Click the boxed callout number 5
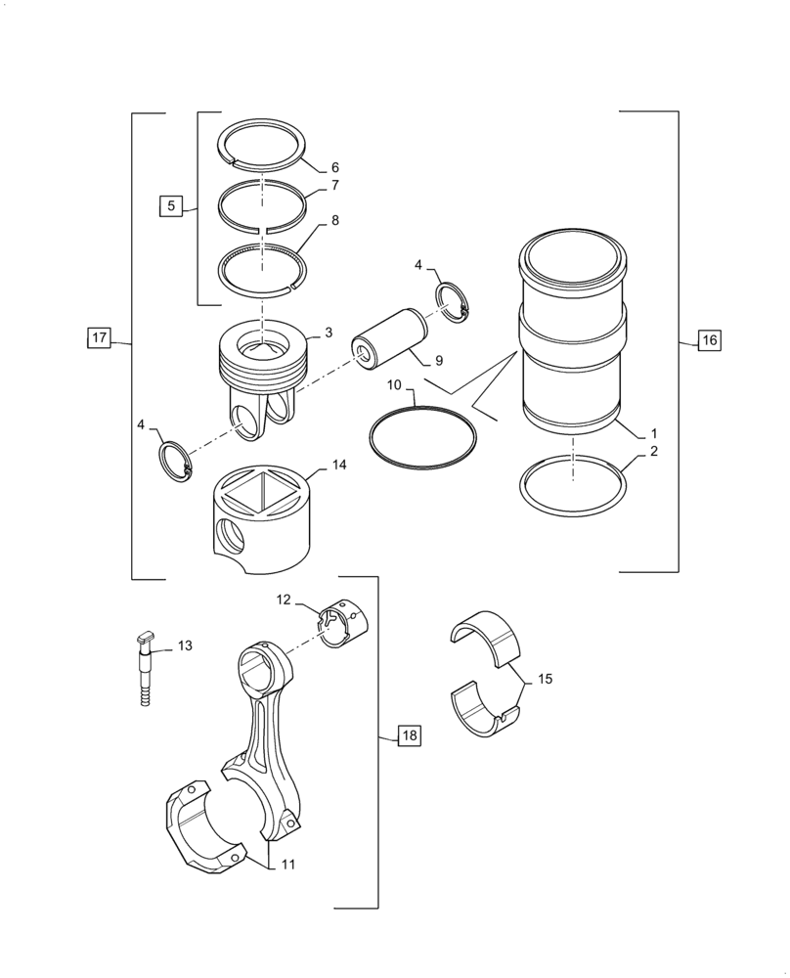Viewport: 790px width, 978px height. pos(171,205)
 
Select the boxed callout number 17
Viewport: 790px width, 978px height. pos(99,338)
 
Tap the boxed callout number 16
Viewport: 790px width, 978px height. pos(708,340)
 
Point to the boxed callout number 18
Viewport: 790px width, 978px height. pos(409,736)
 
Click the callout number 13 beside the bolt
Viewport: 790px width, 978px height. pos(185,646)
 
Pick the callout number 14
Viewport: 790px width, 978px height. pos(338,466)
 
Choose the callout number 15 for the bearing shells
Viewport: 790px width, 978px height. pos(545,678)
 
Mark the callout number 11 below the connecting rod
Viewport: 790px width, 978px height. pos(287,865)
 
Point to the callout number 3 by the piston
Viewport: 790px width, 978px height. pos(329,333)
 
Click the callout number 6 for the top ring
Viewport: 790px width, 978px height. pos(334,167)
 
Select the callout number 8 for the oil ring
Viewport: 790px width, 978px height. pos(334,221)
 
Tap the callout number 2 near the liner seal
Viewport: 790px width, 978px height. pos(654,452)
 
